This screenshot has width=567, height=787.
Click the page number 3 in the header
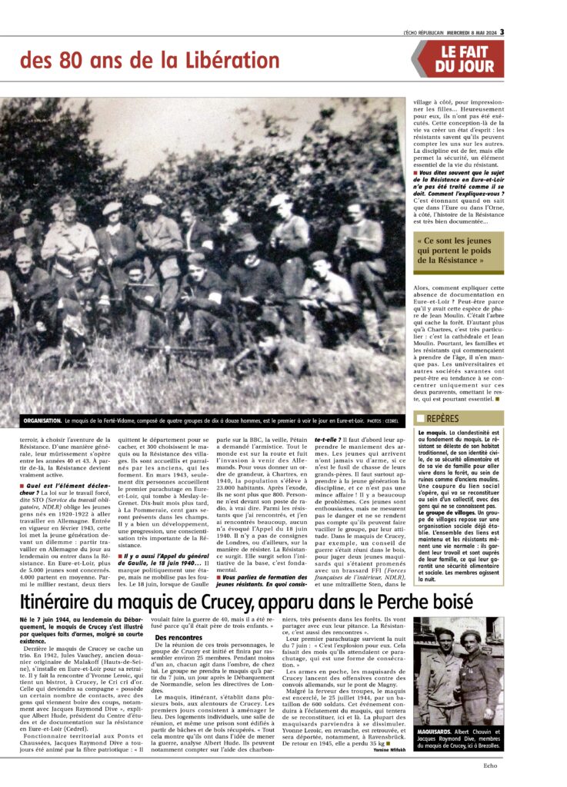pyautogui.click(x=501, y=32)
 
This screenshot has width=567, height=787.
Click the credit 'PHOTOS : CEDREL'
pyautogui.click(x=382, y=422)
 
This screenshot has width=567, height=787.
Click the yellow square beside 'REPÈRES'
pyautogui.click(x=420, y=419)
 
